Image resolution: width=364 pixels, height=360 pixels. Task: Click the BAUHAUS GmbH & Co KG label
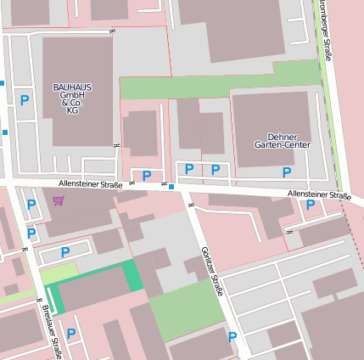72,98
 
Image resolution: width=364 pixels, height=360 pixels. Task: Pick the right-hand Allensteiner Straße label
319,195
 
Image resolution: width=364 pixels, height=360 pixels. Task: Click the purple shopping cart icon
58,200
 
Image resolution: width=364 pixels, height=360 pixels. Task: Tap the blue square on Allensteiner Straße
171,186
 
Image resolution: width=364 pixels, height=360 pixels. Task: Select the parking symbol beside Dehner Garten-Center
287,172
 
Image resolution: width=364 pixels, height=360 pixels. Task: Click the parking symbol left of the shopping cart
31,205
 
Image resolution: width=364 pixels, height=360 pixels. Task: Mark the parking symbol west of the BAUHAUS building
25,100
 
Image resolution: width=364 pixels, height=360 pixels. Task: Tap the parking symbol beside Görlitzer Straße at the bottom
232,337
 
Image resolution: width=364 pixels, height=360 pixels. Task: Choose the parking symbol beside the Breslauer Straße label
71,334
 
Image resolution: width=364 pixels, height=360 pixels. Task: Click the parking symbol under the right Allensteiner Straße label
310,205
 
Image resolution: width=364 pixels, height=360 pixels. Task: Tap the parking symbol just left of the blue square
147,176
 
